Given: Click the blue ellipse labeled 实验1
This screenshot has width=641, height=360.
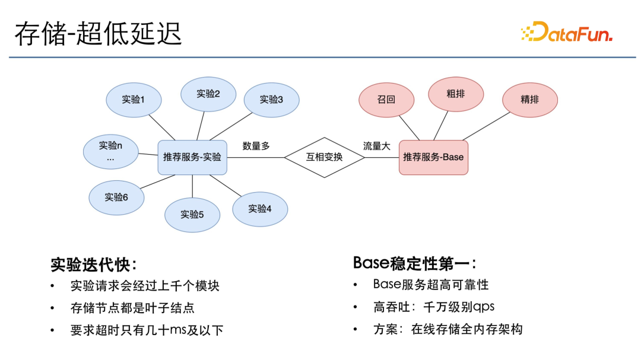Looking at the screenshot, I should click(134, 99).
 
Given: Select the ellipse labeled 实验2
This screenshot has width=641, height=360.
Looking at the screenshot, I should click(208, 94).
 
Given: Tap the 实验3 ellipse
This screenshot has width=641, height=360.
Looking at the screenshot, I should click(271, 99).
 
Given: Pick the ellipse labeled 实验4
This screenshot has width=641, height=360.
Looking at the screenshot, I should click(260, 209).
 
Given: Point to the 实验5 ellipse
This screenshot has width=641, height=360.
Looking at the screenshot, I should click(192, 214).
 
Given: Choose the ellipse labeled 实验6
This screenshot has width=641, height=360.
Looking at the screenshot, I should click(116, 197).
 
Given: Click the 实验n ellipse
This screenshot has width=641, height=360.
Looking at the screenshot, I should click(110, 151).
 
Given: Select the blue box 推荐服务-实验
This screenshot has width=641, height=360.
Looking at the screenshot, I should click(192, 157).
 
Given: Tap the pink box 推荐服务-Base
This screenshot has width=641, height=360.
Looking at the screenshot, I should click(433, 157).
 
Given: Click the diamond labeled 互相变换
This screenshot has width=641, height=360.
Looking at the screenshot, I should click(324, 157).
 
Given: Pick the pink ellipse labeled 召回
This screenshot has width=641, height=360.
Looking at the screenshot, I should click(386, 99).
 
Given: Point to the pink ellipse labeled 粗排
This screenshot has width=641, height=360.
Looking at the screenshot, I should click(456, 94).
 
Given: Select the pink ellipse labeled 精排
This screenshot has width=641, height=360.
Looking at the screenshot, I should click(529, 99).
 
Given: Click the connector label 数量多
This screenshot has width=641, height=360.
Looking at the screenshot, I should click(256, 146).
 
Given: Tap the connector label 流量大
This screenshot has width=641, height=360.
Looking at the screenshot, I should click(376, 146).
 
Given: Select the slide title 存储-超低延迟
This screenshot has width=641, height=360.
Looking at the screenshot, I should click(98, 34).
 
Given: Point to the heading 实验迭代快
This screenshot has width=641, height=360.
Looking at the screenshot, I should click(94, 264).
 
